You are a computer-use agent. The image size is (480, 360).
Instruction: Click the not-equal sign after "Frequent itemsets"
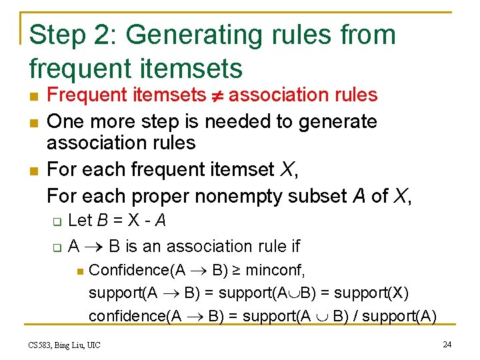coord(217,95)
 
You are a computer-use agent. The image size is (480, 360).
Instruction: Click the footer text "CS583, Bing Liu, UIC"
coord(64,345)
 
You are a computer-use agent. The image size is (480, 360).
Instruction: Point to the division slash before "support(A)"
coord(362,315)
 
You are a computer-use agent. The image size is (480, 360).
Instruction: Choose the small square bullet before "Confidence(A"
coord(78,271)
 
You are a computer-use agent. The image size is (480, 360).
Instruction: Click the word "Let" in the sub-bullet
coord(81,221)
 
